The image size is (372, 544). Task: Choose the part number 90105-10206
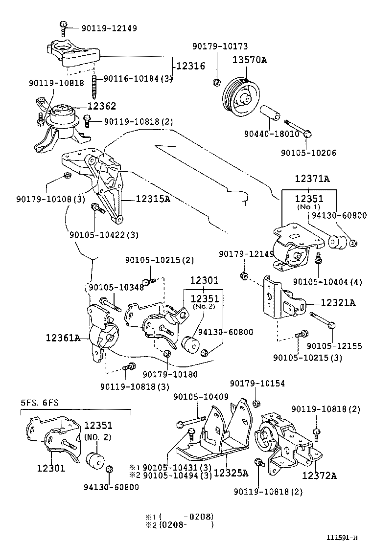(x=308, y=153)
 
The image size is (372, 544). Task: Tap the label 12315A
(x=153, y=199)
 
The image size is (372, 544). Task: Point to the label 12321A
(x=338, y=303)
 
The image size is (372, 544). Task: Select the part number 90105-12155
(x=338, y=346)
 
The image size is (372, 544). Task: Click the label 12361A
(x=63, y=337)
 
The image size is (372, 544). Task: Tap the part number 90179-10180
(x=170, y=374)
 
